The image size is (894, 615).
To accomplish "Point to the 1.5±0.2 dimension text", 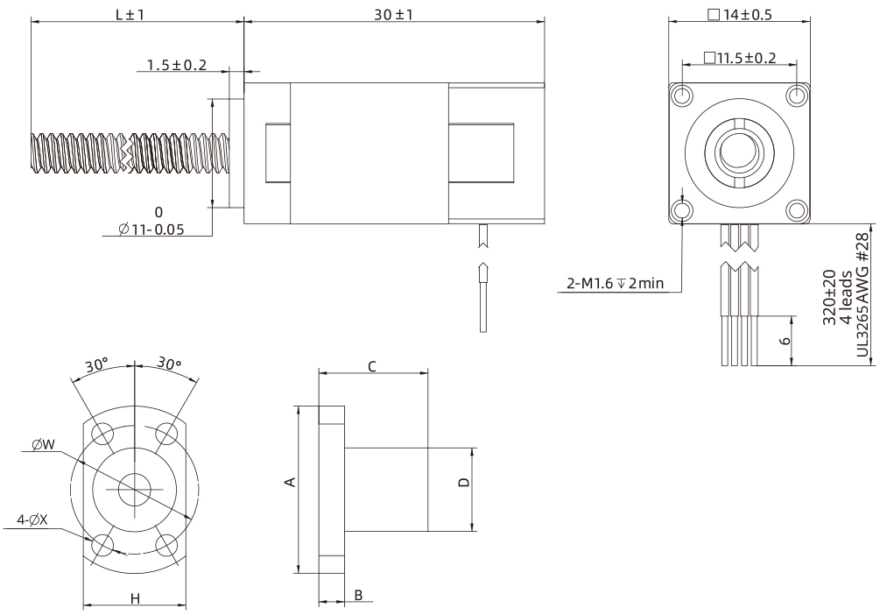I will pos(176,65).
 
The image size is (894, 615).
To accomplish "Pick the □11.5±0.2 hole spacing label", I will pos(739,58).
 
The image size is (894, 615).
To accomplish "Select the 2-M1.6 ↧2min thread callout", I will pos(614,284).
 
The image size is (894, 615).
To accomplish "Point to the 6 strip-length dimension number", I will pos(785,341).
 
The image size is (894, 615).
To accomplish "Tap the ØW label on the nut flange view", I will pos(41,444).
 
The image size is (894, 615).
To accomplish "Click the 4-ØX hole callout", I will pos(32,520).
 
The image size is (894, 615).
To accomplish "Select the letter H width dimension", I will pos(135,598).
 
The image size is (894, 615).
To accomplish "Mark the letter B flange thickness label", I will pos(359,596).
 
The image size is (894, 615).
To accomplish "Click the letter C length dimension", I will pos(373,366).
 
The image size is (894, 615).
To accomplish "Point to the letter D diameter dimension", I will pos(465,483).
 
